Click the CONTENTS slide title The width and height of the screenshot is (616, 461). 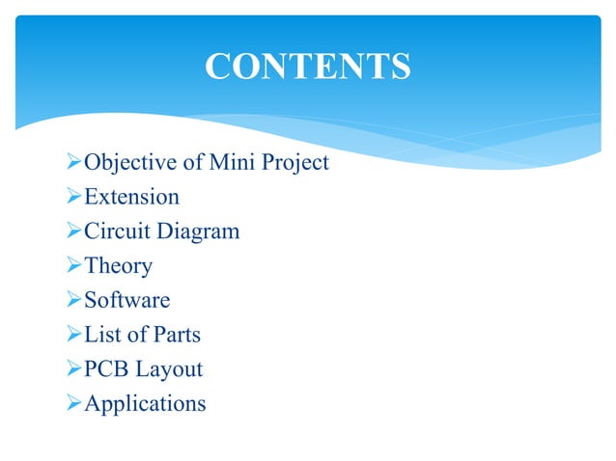coord(308,67)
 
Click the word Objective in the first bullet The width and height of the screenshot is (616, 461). coord(126,163)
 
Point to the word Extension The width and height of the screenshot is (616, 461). coord(131,198)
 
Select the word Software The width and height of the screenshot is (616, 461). coord(126,301)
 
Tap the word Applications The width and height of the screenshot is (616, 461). coord(145,404)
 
